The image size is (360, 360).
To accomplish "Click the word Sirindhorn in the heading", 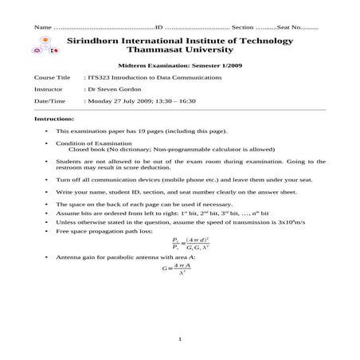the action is point(99,39).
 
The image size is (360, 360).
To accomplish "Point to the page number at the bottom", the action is point(181,341).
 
